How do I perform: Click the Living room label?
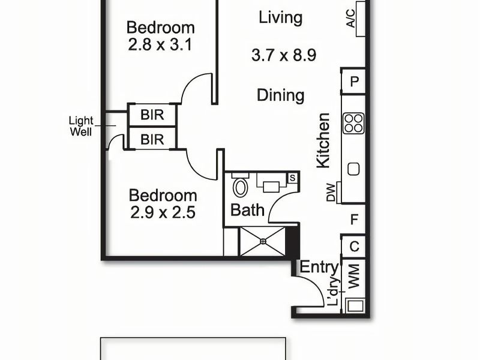(280, 18)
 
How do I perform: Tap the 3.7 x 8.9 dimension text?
(284, 56)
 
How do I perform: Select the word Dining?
(280, 95)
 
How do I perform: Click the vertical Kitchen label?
(323, 140)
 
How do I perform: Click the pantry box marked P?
(354, 82)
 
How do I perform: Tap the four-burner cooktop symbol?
(353, 123)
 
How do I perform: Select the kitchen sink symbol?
(353, 169)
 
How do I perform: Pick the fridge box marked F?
(354, 220)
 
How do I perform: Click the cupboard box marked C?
(354, 246)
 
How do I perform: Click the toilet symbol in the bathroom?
(241, 187)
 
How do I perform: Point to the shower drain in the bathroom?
(263, 241)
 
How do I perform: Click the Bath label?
(248, 211)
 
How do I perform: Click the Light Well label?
(80, 125)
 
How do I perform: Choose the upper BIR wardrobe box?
(152, 114)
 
